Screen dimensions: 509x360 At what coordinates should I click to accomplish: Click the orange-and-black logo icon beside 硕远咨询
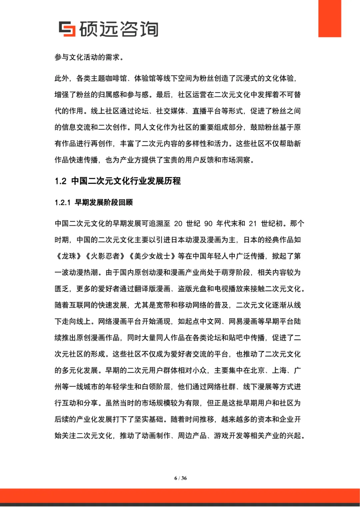point(67,29)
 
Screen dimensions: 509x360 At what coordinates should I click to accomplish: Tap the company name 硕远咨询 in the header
point(119,29)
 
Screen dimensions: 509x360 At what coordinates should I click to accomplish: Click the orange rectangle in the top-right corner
point(329,18)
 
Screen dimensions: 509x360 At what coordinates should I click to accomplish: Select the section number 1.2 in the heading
point(61,181)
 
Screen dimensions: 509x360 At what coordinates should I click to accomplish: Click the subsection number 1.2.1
point(63,202)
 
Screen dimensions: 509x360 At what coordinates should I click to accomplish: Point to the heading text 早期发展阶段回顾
point(104,202)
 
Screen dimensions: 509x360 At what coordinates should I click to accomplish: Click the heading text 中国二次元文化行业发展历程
point(126,181)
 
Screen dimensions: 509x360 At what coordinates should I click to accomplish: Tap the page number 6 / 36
point(180,478)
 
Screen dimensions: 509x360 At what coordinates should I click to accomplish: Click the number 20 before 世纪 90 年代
point(178,223)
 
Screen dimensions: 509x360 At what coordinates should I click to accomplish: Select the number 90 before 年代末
point(208,223)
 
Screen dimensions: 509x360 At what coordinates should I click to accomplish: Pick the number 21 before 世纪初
point(253,223)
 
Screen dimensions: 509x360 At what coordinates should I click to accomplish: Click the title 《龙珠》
point(69,256)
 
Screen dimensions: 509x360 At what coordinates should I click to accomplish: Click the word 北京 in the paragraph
point(257,370)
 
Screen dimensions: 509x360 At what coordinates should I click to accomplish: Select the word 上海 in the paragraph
point(279,370)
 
